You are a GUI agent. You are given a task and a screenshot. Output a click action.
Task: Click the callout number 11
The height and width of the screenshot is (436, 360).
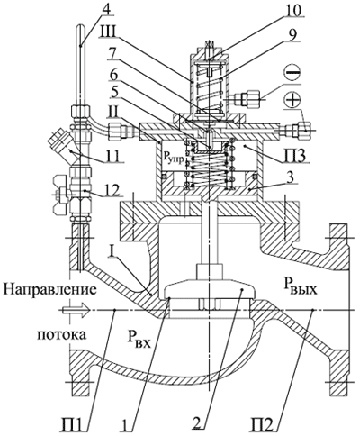[x=112, y=156]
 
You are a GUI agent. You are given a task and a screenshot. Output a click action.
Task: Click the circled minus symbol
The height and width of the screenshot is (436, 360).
[x=292, y=74]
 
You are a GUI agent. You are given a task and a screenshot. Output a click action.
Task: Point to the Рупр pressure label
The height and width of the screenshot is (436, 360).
[x=173, y=158]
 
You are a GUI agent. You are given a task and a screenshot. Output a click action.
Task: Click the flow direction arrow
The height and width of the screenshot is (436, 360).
[x=76, y=310]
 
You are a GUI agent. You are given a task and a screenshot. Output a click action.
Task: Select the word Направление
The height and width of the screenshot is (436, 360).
[x=49, y=291]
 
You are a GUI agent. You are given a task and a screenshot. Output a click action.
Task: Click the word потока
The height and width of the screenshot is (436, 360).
[x=61, y=334]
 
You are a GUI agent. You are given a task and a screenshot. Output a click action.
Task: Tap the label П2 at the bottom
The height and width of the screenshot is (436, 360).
[x=262, y=424]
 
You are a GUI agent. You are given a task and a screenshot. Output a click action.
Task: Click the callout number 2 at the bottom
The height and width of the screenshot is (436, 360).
[x=197, y=424]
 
